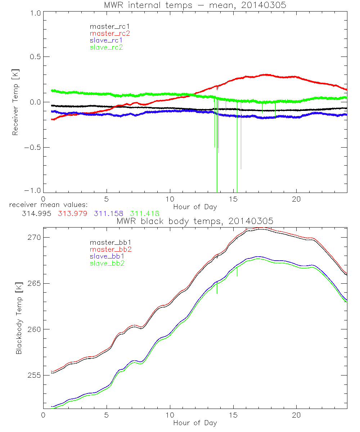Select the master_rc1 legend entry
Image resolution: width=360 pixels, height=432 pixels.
pyautogui.click(x=107, y=26)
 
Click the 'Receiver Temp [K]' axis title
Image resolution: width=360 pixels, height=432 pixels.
pyautogui.click(x=15, y=102)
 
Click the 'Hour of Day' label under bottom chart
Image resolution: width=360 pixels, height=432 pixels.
pyautogui.click(x=195, y=423)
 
